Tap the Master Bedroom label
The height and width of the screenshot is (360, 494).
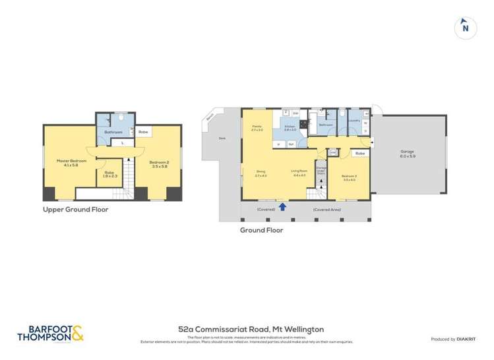click(67, 162)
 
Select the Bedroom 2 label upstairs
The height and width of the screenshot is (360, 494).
click(159, 162)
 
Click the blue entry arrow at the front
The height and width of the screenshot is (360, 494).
click(283, 207)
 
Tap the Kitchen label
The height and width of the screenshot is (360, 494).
click(290, 127)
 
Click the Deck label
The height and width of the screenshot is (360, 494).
click(222, 138)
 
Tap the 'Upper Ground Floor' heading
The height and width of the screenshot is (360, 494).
click(76, 210)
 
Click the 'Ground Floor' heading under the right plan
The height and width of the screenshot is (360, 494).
click(262, 231)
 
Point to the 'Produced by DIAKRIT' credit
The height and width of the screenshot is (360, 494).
click(456, 339)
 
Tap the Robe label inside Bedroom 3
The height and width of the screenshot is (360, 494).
click(359, 153)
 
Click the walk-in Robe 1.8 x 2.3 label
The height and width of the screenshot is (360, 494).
click(109, 174)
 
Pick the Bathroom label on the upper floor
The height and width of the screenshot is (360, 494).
click(113, 132)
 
